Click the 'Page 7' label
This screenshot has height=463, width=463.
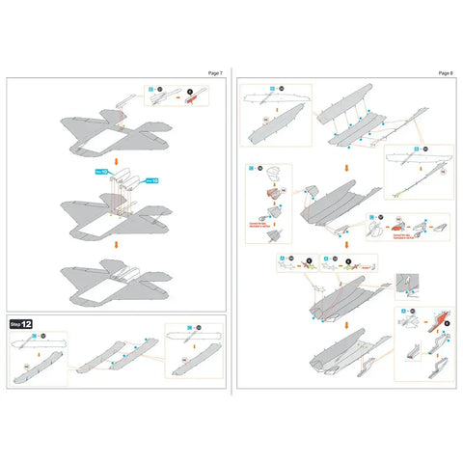pyautogui.click(x=214, y=73)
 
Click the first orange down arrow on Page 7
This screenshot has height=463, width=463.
pyautogui.click(x=116, y=163)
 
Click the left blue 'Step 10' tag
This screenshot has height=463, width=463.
pyautogui.click(x=100, y=171)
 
